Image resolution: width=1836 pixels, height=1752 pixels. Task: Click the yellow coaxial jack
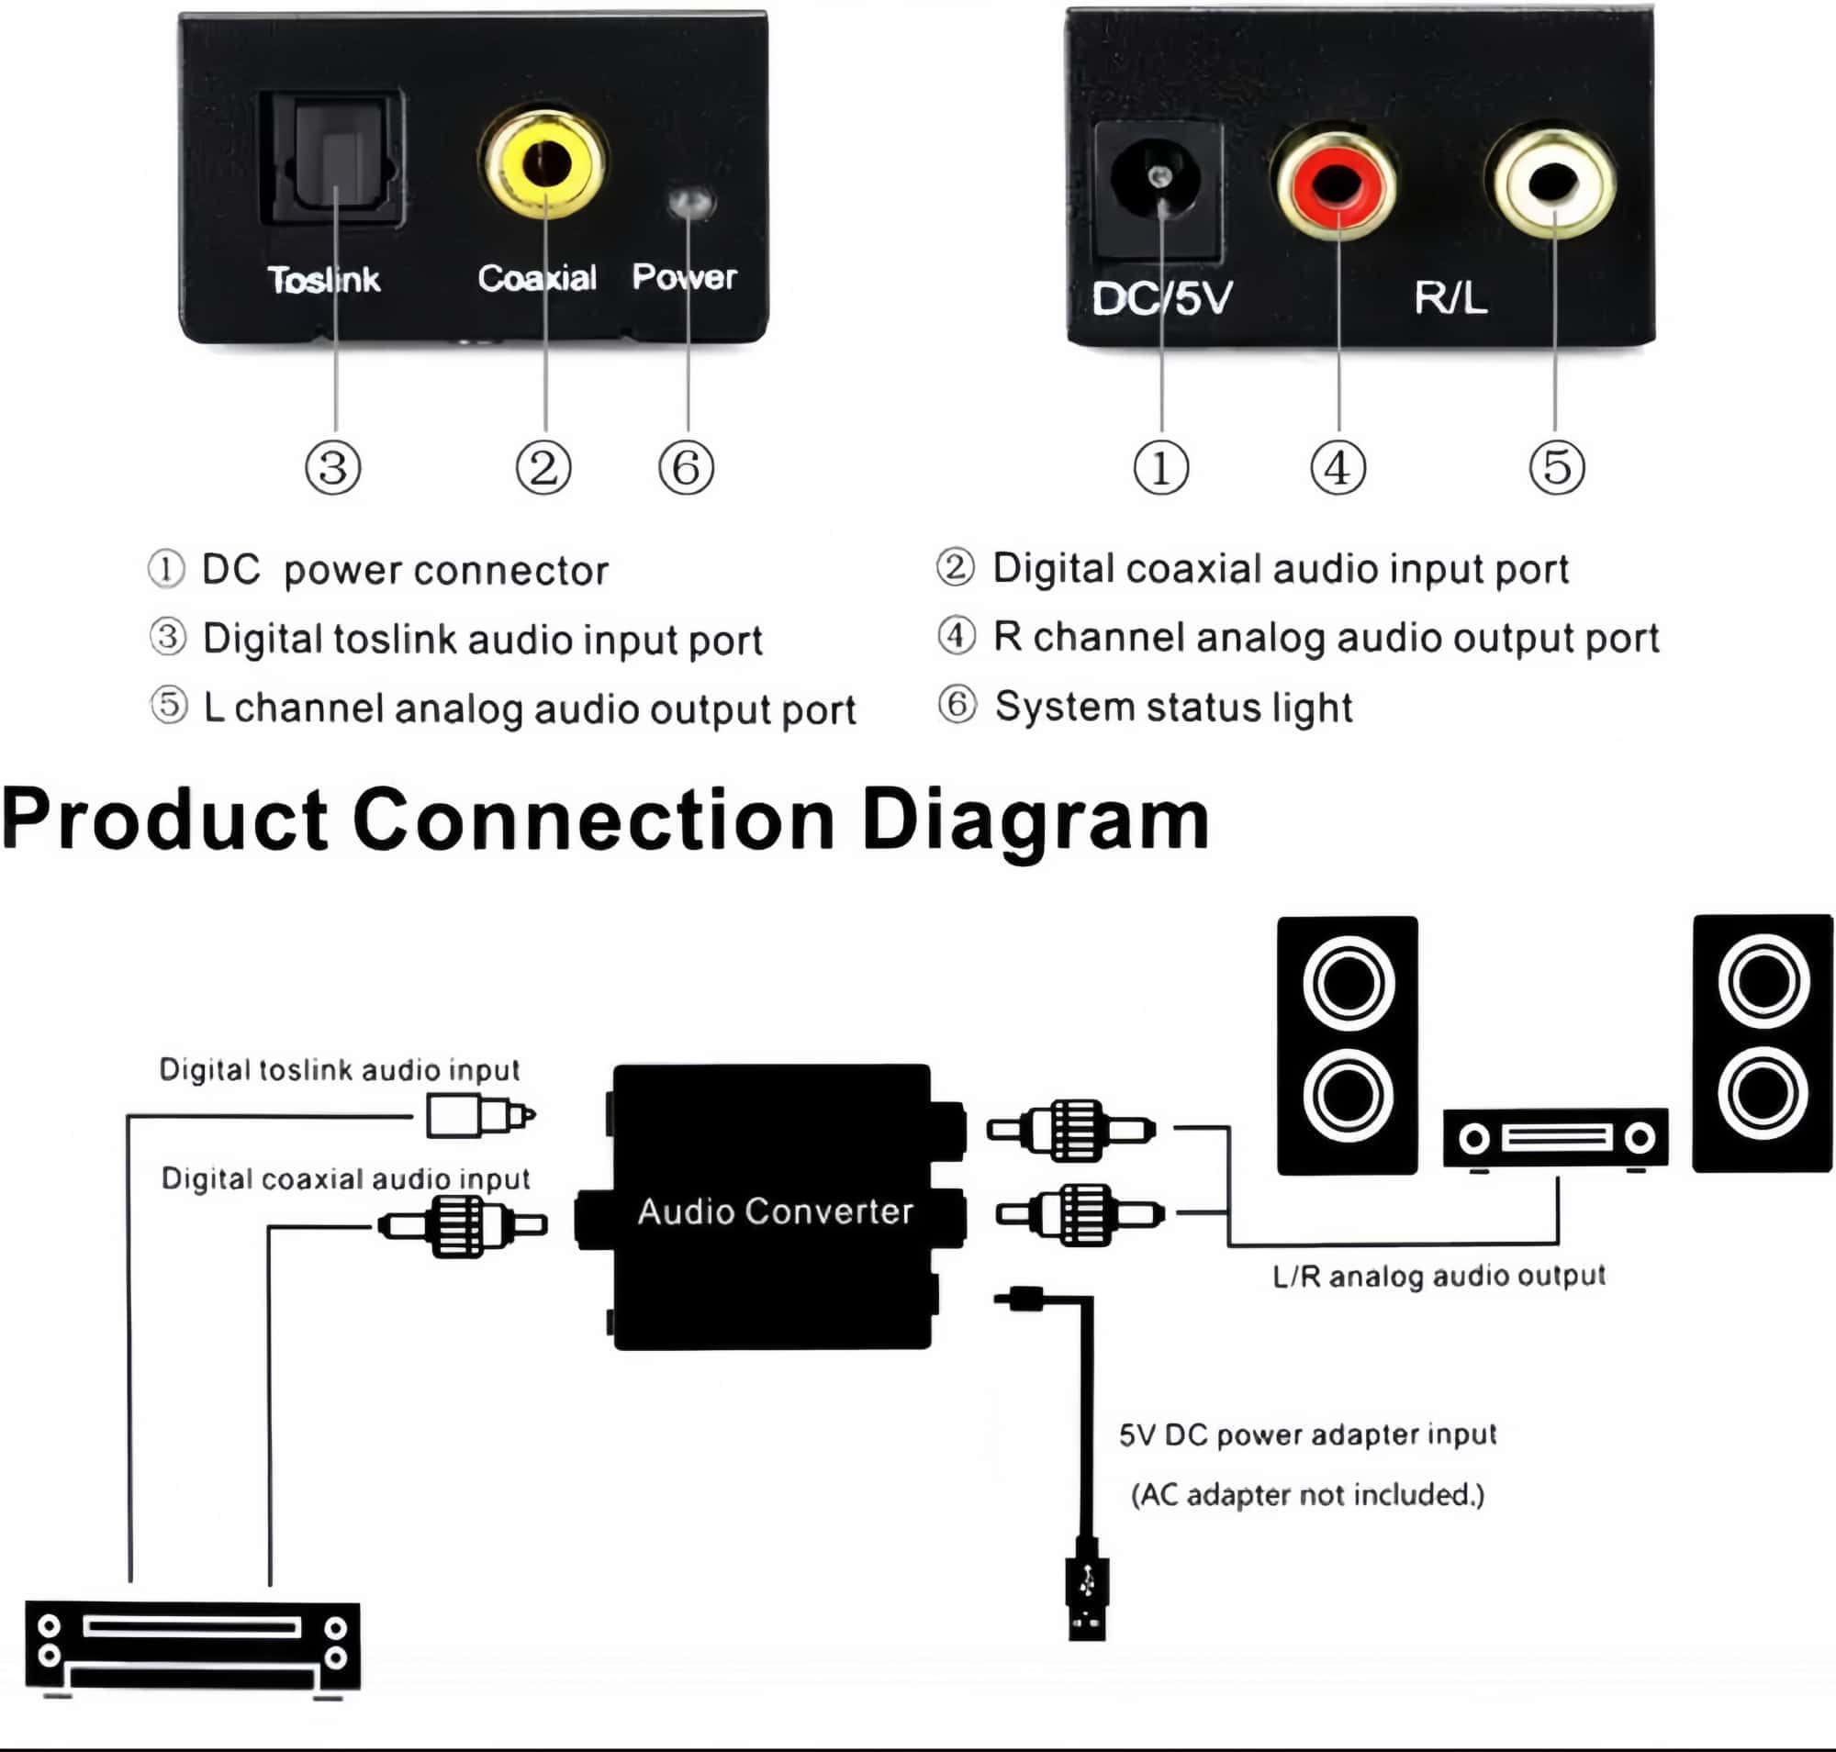tap(544, 163)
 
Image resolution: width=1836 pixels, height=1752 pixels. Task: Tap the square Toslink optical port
tap(334, 159)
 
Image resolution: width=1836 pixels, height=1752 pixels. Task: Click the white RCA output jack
tap(1552, 182)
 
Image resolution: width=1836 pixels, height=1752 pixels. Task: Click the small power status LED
tap(689, 202)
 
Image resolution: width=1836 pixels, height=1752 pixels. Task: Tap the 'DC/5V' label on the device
tap(1161, 299)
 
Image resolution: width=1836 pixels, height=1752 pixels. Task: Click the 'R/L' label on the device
tap(1450, 298)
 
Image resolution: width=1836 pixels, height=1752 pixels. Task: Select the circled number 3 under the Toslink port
tap(333, 468)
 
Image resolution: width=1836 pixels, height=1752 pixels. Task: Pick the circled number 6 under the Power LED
tap(686, 468)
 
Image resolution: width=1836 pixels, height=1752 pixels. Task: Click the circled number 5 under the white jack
tap(1557, 468)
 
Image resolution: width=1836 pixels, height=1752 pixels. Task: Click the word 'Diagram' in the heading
tap(1035, 820)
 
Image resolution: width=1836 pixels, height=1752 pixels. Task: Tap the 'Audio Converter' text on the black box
tap(775, 1211)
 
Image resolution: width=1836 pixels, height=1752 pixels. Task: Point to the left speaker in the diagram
tap(1347, 1044)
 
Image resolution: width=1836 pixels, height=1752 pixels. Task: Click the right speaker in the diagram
tap(1763, 1043)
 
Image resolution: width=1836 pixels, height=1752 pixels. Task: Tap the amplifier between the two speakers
tap(1555, 1137)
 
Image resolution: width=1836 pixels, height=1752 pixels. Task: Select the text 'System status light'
tap(1172, 707)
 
